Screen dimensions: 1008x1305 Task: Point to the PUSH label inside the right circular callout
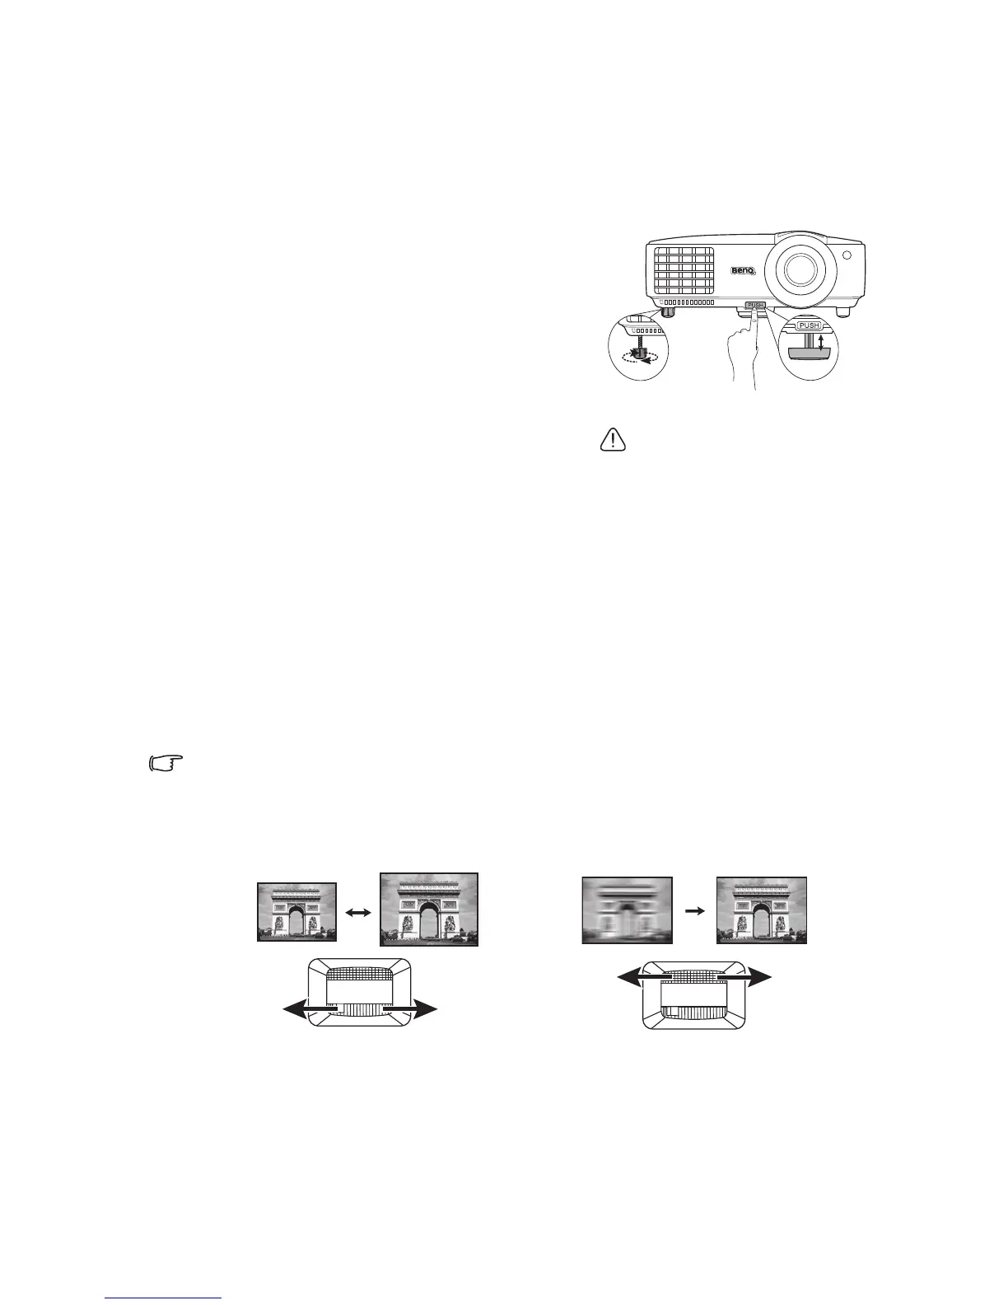tap(810, 326)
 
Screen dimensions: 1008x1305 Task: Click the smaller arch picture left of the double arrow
tap(296, 911)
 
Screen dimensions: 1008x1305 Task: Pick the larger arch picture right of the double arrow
tap(428, 909)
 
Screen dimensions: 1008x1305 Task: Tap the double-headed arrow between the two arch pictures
tap(358, 912)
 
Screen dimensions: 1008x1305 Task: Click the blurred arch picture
tap(628, 910)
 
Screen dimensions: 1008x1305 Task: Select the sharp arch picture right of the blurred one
tap(762, 910)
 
